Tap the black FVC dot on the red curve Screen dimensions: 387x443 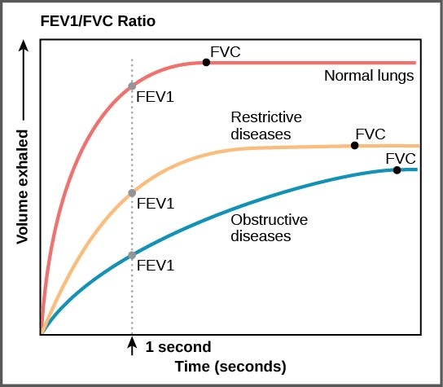click(x=206, y=62)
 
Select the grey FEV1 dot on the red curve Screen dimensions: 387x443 click(x=132, y=86)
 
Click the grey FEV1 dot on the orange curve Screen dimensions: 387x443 click(x=132, y=193)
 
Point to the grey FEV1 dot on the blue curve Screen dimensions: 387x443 click(x=132, y=255)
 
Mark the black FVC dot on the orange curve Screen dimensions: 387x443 click(x=354, y=145)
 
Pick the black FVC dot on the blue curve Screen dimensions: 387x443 click(x=397, y=169)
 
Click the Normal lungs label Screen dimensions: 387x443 click(x=369, y=77)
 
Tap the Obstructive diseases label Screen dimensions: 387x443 click(x=270, y=228)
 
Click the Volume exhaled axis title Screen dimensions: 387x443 click(x=24, y=187)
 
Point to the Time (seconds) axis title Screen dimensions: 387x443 click(x=230, y=367)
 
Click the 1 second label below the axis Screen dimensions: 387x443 click(x=178, y=347)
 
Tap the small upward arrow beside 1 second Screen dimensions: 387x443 click(x=132, y=346)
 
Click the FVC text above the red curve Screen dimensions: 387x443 click(x=226, y=53)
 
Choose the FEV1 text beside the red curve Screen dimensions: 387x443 click(x=155, y=98)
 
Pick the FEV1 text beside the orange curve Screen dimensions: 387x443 click(x=155, y=204)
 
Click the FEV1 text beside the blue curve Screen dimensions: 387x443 click(x=155, y=266)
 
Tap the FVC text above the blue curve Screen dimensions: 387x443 click(x=400, y=157)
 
